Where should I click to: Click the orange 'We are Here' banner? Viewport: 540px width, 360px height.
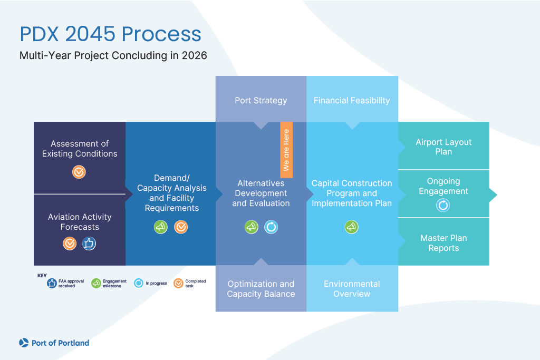click(x=286, y=150)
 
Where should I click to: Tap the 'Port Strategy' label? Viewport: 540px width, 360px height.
click(x=261, y=100)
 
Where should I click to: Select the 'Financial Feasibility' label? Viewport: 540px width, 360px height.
click(x=352, y=100)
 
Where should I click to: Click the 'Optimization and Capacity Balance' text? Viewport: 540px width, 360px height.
click(x=261, y=289)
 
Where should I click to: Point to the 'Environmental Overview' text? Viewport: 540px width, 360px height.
click(x=352, y=289)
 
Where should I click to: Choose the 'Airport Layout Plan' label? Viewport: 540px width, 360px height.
click(x=443, y=147)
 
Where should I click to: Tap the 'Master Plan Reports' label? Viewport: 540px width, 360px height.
click(x=443, y=243)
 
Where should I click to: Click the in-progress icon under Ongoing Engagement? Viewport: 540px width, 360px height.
click(x=443, y=206)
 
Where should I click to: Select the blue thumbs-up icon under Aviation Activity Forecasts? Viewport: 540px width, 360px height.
click(x=89, y=243)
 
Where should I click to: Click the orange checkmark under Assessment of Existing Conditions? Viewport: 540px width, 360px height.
click(x=79, y=172)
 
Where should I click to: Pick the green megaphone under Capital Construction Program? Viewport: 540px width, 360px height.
click(x=352, y=227)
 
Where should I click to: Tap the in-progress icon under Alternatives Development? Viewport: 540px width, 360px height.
click(x=271, y=227)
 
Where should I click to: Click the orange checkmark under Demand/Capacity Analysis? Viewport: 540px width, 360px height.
click(x=181, y=227)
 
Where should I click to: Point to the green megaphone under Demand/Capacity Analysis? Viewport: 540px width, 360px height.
click(x=161, y=227)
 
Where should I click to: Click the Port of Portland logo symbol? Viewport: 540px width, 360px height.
click(x=24, y=343)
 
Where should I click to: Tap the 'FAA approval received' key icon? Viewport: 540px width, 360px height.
click(x=52, y=284)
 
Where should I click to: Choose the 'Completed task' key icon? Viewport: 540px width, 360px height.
click(x=178, y=284)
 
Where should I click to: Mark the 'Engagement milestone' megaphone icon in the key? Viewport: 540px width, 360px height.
click(x=96, y=284)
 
